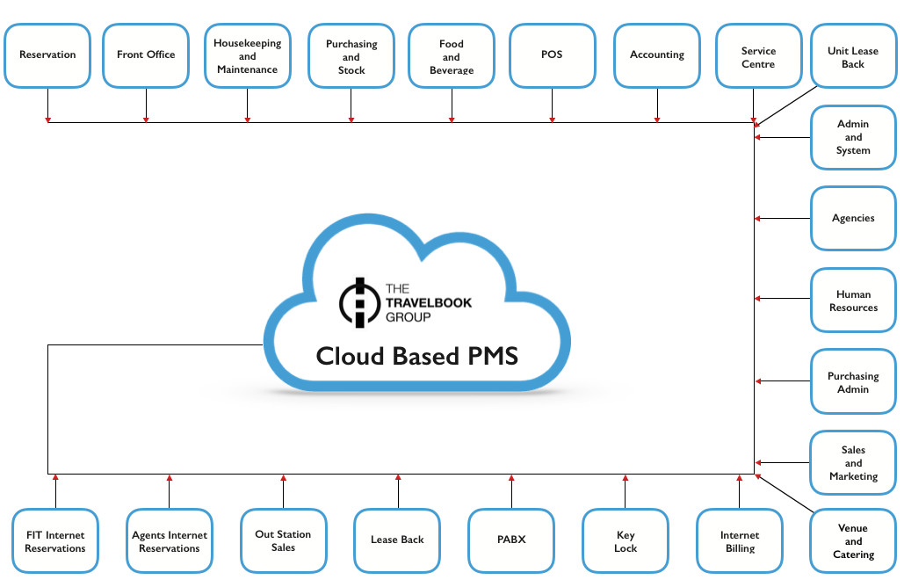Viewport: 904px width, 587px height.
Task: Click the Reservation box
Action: click(x=47, y=55)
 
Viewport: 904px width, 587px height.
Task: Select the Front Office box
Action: click(x=146, y=55)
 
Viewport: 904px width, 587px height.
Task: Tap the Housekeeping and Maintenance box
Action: click(x=248, y=56)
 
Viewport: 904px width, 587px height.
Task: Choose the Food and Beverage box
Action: click(x=452, y=56)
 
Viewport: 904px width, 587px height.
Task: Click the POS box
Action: click(x=552, y=55)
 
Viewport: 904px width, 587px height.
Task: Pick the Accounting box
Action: click(x=657, y=55)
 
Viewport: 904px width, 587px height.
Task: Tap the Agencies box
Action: click(x=853, y=218)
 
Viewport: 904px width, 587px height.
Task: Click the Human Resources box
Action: click(x=853, y=301)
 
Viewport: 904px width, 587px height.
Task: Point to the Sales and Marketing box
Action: click(x=853, y=463)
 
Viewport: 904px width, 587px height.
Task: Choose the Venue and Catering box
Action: click(x=853, y=541)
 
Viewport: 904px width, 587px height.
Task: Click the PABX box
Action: click(x=511, y=540)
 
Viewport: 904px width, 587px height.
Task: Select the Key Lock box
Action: click(x=626, y=541)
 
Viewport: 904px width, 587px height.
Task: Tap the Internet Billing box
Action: click(x=739, y=541)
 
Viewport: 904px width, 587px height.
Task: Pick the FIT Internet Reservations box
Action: click(x=55, y=541)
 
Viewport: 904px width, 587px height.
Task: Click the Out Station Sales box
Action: click(x=283, y=540)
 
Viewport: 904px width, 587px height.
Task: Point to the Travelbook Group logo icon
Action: click(x=358, y=301)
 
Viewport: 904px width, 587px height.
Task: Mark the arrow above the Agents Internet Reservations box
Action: click(x=170, y=479)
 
